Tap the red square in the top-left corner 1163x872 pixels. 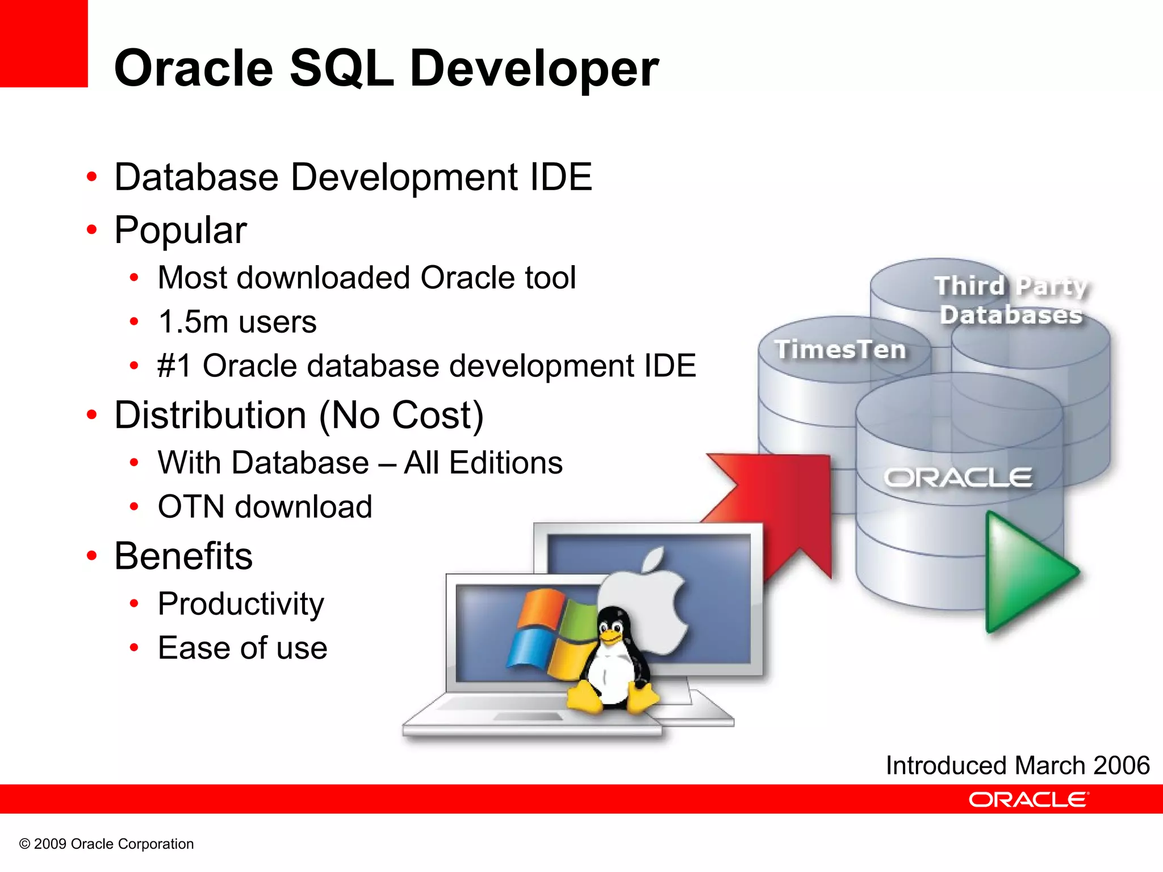point(43,43)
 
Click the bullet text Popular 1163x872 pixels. point(180,230)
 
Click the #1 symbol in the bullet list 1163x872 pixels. point(175,366)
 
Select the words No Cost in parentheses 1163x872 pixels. point(401,415)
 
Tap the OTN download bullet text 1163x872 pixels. point(265,506)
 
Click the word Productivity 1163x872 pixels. point(241,603)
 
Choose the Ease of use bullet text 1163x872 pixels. point(242,648)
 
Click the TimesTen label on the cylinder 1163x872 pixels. point(840,349)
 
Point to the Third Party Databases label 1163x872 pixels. point(1011,300)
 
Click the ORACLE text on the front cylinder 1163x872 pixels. point(958,478)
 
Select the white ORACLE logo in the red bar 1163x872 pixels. point(1028,799)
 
